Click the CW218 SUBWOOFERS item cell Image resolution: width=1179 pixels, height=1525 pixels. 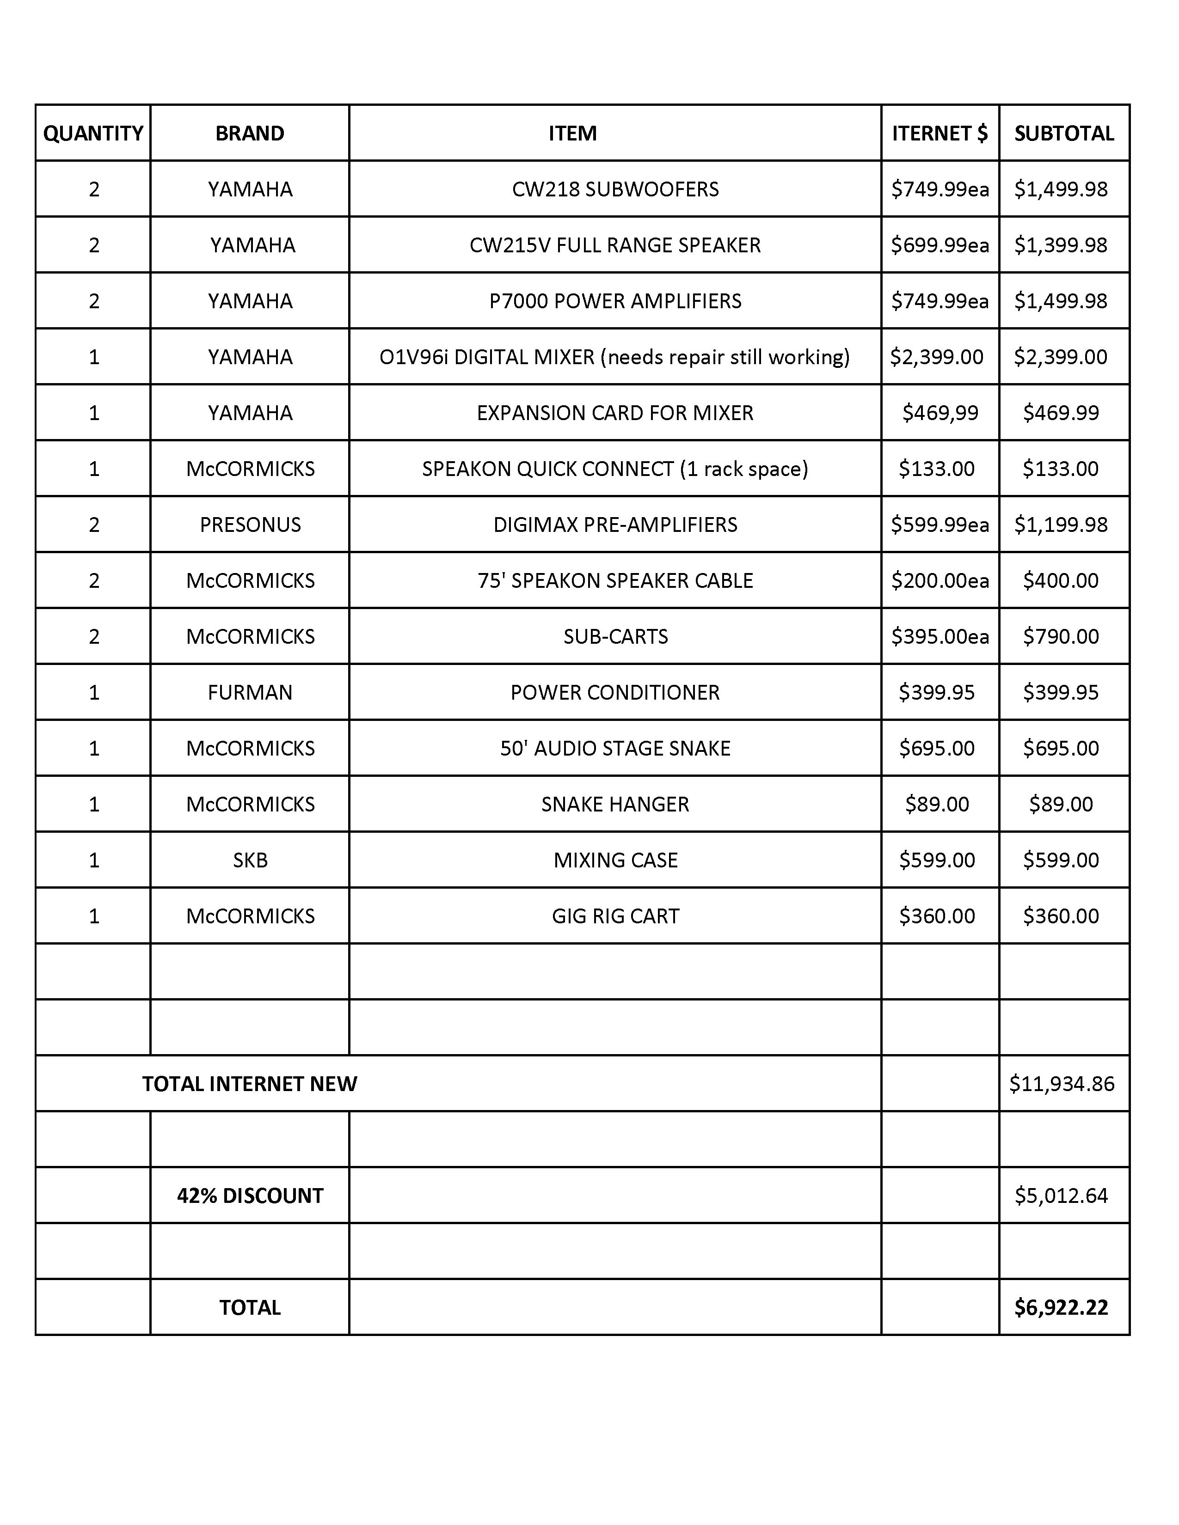[614, 189]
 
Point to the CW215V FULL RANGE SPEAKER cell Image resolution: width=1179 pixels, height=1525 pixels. [614, 245]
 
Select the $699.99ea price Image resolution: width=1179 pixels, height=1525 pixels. [940, 245]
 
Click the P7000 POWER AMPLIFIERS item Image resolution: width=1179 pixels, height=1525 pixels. [614, 301]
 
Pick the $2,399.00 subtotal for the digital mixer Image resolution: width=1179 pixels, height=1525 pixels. [1060, 357]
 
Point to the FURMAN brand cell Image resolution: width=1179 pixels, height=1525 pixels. [250, 692]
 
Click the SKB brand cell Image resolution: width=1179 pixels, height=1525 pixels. [250, 860]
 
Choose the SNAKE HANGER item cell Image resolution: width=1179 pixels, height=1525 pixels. [614, 804]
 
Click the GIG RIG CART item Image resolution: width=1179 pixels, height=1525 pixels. [614, 915]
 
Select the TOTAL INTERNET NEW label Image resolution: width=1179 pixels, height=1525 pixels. [249, 1083]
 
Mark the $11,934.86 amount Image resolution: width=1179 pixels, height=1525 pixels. [1062, 1083]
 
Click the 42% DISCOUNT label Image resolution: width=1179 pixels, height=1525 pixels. [250, 1195]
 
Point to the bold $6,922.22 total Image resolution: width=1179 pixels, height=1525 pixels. [1061, 1306]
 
